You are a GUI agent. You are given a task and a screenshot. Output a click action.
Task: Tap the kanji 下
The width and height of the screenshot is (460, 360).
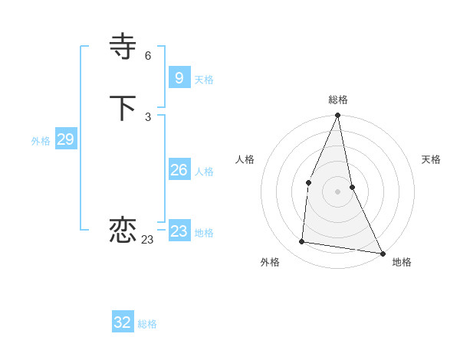123,109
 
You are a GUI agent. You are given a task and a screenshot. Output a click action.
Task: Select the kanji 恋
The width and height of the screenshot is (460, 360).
123,231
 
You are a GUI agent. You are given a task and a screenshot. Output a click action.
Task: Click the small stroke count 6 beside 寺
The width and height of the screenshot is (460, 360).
148,56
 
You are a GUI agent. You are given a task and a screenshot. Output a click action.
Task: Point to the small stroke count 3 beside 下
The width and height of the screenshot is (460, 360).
148,117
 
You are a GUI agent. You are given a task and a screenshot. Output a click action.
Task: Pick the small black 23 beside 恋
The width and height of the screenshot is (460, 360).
147,240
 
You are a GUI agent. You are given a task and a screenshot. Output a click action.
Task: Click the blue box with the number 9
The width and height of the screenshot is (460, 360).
179,77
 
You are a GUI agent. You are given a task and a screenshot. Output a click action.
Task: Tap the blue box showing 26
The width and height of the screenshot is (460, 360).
179,170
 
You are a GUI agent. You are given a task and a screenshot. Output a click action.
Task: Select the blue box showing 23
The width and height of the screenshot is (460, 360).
179,231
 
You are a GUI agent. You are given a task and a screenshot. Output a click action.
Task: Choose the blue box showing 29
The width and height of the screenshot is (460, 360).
65,139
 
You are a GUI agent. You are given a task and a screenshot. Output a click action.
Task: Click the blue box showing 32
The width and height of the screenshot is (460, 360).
123,322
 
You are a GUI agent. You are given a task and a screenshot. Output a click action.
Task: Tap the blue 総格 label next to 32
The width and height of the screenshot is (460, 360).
147,324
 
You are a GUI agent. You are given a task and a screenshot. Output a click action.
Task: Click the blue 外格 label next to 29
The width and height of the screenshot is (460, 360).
41,141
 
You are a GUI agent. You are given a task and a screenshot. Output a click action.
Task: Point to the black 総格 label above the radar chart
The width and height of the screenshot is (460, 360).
338,100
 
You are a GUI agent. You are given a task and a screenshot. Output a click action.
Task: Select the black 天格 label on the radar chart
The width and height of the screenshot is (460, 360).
431,159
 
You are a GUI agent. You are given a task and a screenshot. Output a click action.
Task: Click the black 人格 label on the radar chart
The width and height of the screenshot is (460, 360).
245,159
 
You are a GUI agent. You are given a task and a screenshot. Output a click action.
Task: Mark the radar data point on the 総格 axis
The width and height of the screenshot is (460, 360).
338,116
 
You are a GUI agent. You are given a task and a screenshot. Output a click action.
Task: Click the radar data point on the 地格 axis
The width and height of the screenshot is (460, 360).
383,254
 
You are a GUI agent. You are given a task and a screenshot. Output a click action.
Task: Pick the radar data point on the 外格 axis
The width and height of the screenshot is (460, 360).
302,242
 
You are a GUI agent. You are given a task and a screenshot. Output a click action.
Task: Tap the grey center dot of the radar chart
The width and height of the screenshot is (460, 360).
338,191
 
